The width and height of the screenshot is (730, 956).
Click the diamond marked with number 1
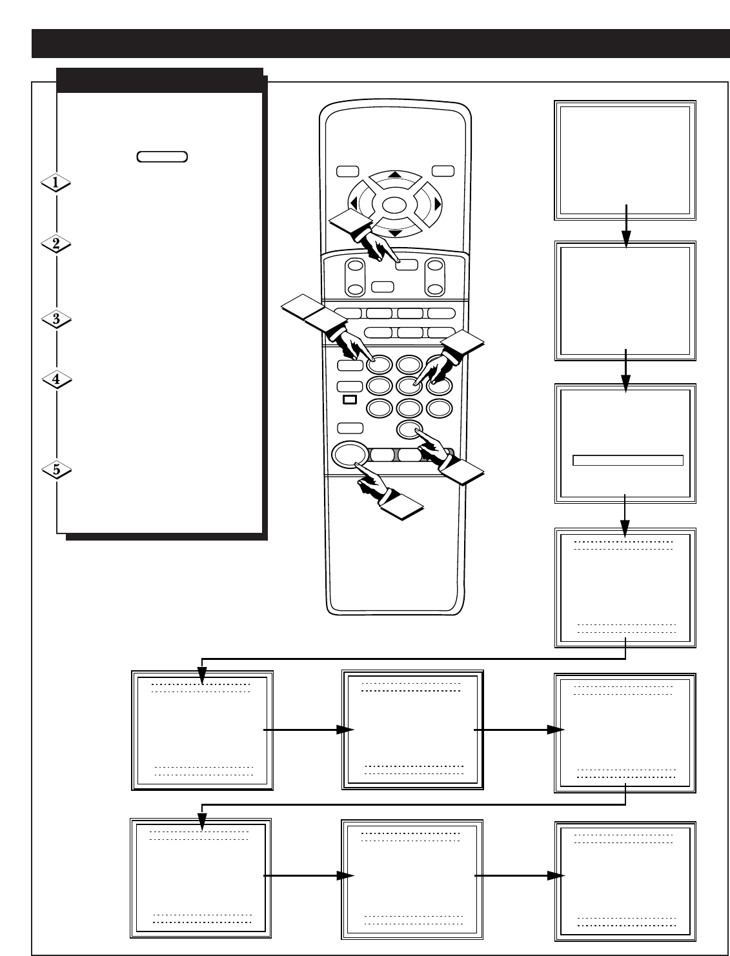[x=56, y=183]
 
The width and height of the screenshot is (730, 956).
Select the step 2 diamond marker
[x=56, y=244]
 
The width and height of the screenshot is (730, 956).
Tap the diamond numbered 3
[x=57, y=319]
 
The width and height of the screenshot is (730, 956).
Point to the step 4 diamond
[x=57, y=379]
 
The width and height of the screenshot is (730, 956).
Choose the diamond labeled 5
[x=57, y=470]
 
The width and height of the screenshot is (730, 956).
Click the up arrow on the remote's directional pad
[x=395, y=175]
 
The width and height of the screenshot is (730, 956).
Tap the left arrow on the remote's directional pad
[x=354, y=203]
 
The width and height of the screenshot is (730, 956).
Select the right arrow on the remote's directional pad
[x=438, y=204]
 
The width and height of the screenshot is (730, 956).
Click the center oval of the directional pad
[x=394, y=205]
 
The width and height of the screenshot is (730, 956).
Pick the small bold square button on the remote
[x=350, y=399]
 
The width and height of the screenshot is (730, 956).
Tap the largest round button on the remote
[x=350, y=454]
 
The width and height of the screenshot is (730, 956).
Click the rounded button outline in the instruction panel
[x=162, y=157]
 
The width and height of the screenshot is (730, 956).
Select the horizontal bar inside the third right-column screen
[x=627, y=461]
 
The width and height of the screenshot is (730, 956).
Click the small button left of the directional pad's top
[x=347, y=171]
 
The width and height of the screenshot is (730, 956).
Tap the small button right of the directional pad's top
[x=443, y=171]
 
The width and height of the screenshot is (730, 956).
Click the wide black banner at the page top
[x=380, y=44]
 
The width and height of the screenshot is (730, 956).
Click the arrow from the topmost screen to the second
[x=626, y=226]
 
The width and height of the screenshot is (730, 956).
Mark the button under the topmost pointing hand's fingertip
[x=407, y=265]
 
